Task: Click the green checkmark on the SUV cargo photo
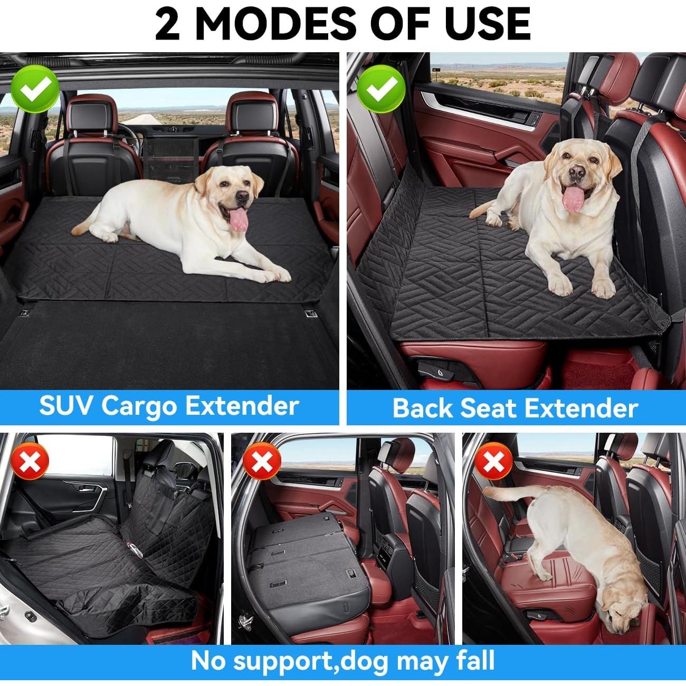click(35, 88)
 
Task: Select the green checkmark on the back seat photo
click(381, 88)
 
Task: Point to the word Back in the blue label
click(422, 408)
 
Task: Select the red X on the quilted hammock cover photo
click(31, 462)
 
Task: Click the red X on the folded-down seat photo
click(261, 462)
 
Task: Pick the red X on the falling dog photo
click(494, 462)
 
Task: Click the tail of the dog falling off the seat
click(507, 493)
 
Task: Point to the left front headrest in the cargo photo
click(92, 116)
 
